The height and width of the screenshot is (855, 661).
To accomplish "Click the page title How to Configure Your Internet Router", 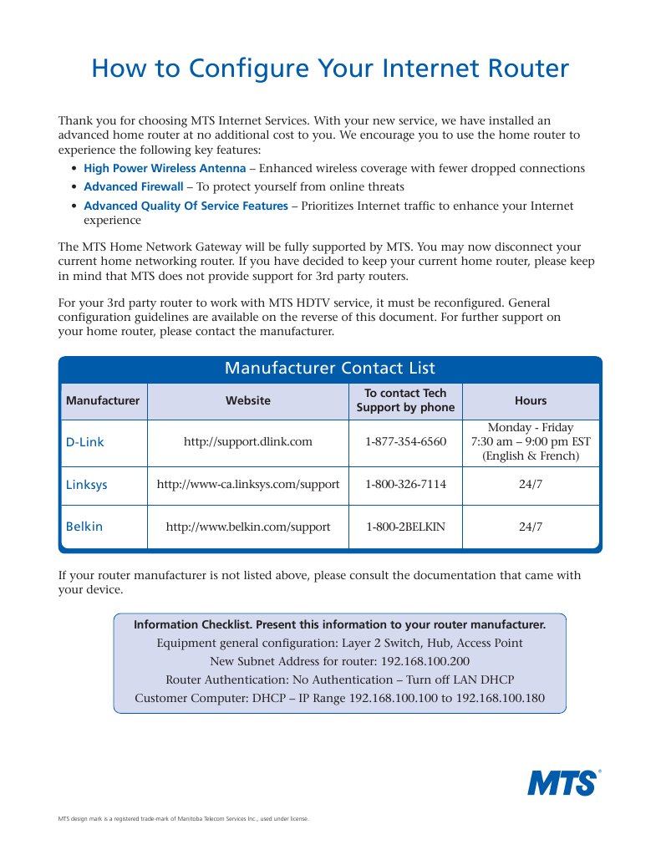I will [x=330, y=68].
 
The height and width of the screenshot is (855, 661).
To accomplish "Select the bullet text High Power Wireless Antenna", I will [x=165, y=168].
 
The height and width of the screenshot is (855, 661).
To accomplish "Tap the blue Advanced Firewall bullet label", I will [x=133, y=186].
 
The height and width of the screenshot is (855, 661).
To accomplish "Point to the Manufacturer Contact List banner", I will [x=330, y=369].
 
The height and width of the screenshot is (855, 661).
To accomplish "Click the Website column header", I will [x=248, y=400].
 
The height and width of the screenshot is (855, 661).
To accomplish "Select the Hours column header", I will [x=531, y=400].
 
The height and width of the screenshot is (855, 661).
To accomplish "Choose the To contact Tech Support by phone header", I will [x=405, y=400].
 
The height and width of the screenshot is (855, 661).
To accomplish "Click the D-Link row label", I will [x=85, y=442].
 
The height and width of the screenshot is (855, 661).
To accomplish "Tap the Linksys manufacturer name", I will [x=87, y=485].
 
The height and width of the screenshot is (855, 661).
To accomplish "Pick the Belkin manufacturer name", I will [x=84, y=527].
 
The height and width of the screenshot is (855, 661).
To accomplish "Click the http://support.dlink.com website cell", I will [x=248, y=442].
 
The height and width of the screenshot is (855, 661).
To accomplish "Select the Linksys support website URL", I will [x=248, y=485].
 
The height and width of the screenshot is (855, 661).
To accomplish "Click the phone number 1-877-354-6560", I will [x=405, y=442].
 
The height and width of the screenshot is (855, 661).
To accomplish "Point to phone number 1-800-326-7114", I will [x=405, y=485].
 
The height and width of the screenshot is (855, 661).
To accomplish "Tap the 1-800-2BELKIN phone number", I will [x=405, y=527].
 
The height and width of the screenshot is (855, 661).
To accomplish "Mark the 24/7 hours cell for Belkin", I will [x=531, y=527].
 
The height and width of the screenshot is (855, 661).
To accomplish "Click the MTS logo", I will [x=562, y=783].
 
